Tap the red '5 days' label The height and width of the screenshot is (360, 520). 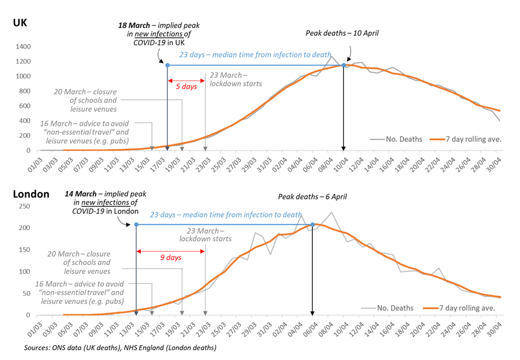pos(182,87)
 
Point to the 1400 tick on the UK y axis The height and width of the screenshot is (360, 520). pos(23,46)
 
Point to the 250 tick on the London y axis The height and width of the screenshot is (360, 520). pos(25,206)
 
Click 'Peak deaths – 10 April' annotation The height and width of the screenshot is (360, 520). pos(342,33)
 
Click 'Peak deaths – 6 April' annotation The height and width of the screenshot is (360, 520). pos(312,196)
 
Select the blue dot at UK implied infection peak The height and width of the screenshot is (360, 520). pos(167,65)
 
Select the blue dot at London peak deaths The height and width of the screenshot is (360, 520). pos(313,225)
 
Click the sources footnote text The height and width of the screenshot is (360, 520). pos(120,348)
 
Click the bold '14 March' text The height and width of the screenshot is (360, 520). pos(81,194)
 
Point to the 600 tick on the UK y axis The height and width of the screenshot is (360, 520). pos(25,106)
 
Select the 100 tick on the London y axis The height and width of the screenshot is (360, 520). pos(25,272)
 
